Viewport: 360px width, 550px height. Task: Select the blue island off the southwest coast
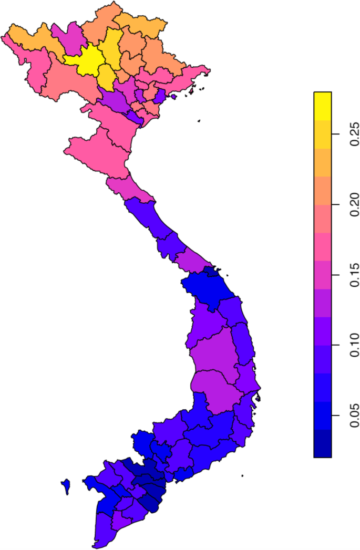click(66, 485)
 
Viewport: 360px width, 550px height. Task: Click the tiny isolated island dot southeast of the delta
click(242, 476)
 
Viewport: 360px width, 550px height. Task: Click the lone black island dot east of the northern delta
click(199, 121)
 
